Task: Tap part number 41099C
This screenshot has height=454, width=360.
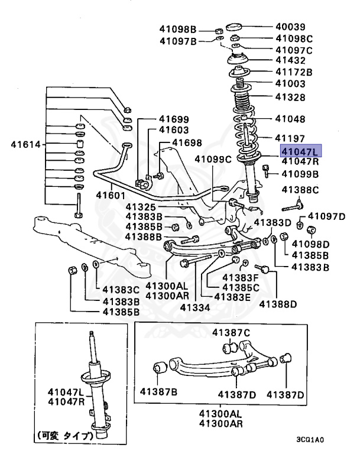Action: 213,158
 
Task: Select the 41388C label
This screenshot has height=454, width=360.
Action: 300,189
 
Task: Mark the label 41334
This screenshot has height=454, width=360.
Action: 196,307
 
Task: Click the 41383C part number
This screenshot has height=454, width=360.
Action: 121,290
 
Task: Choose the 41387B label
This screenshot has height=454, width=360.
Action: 159,391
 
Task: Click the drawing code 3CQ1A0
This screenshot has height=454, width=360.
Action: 310,440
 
